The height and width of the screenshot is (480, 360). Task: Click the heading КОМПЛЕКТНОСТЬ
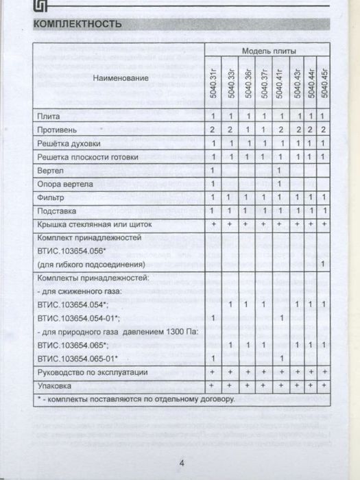pyautogui.click(x=77, y=25)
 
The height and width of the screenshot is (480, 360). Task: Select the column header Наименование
pyautogui.click(x=121, y=78)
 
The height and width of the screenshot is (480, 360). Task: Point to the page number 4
pyautogui.click(x=182, y=462)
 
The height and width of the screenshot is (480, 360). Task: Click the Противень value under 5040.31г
pyautogui.click(x=213, y=129)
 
